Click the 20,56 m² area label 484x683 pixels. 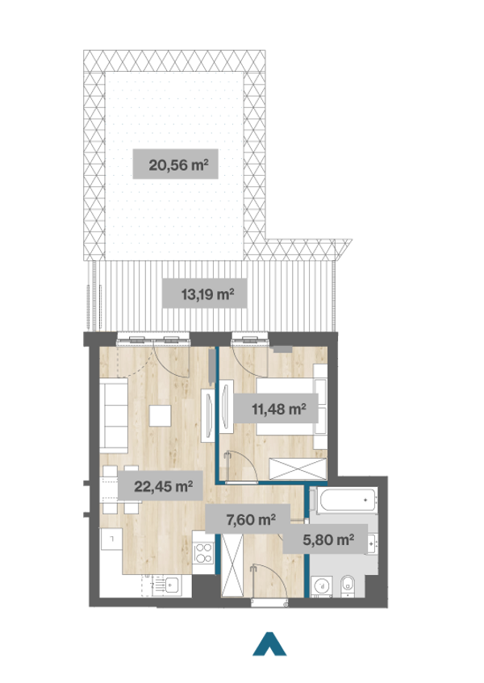click(176, 165)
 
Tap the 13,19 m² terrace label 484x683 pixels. click(205, 294)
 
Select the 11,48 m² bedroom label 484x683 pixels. click(275, 409)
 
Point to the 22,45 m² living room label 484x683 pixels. click(161, 485)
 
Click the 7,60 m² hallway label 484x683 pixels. click(248, 519)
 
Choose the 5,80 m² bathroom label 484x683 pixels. click(325, 539)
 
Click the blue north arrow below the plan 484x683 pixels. click(269, 643)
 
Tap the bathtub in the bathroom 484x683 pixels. click(344, 501)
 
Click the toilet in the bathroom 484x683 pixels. click(348, 586)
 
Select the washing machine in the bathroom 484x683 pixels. click(322, 586)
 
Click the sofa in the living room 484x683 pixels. click(113, 414)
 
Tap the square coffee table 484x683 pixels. click(160, 415)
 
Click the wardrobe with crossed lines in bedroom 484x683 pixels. click(298, 469)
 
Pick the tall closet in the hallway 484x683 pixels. click(232, 564)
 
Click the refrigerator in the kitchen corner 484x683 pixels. click(111, 539)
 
